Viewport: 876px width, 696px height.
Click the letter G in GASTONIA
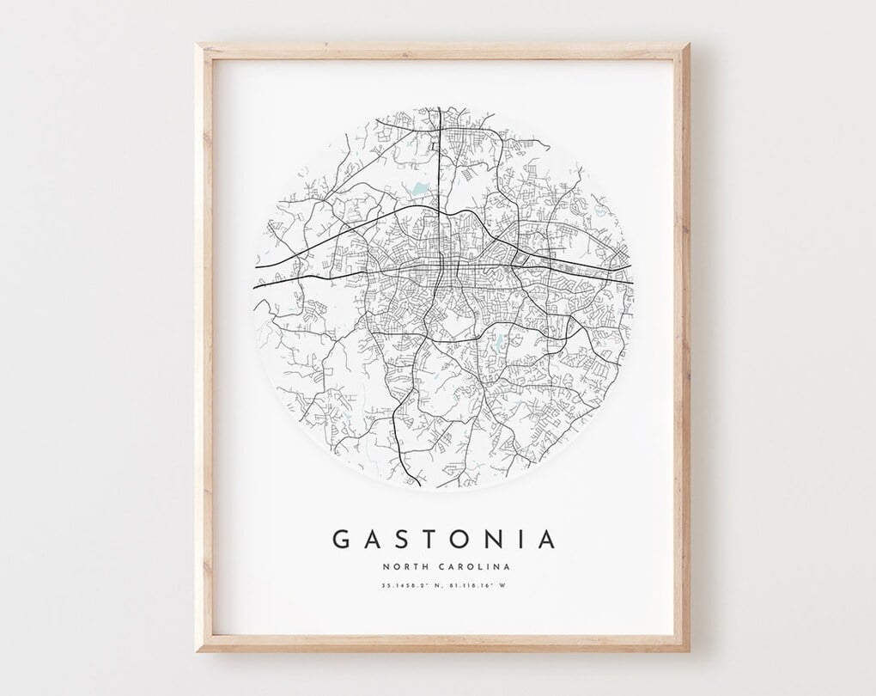point(341,540)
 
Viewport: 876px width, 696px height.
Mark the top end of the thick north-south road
point(439,108)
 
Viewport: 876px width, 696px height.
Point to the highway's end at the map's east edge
point(632,282)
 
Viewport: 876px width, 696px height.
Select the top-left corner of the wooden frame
point(197,44)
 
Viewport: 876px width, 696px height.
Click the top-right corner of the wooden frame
point(689,44)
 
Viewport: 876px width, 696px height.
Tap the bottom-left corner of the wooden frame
point(197,651)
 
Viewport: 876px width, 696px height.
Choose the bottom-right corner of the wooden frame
point(689,651)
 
